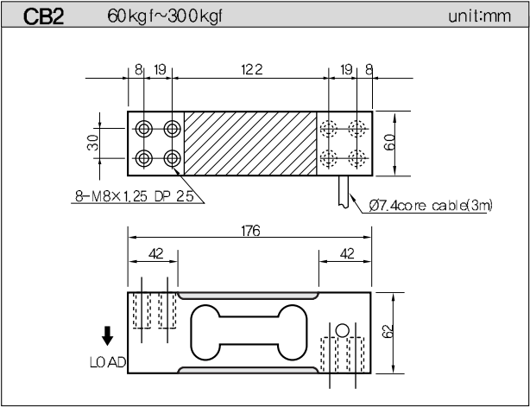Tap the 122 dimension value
(x=250, y=68)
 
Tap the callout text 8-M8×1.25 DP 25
(x=134, y=196)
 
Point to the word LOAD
(x=109, y=361)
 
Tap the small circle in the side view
(x=343, y=329)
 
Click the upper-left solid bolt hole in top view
(x=144, y=129)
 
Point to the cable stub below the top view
(x=345, y=188)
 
